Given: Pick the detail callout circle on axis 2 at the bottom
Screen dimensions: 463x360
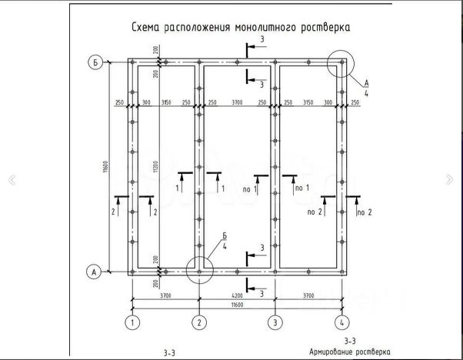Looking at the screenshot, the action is pos(199,270).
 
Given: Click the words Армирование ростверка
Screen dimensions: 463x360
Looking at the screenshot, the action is pos(345,350).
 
